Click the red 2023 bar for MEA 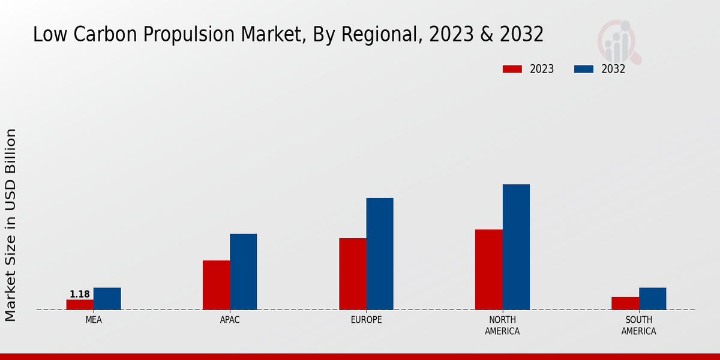(80, 304)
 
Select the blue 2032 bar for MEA (107, 299)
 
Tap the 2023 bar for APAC (216, 285)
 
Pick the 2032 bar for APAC (243, 272)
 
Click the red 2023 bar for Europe (352, 274)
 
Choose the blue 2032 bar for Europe (380, 254)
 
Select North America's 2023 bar (488, 269)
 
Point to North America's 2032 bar (516, 247)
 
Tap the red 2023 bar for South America (625, 303)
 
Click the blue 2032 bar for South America (652, 299)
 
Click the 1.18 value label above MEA (80, 294)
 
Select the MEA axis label (94, 320)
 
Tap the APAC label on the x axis (230, 320)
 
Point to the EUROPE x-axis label (366, 320)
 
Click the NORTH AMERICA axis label (502, 325)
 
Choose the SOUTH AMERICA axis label (638, 325)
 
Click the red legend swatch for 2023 (512, 69)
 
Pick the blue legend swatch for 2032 (584, 69)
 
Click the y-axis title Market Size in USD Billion (11, 225)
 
